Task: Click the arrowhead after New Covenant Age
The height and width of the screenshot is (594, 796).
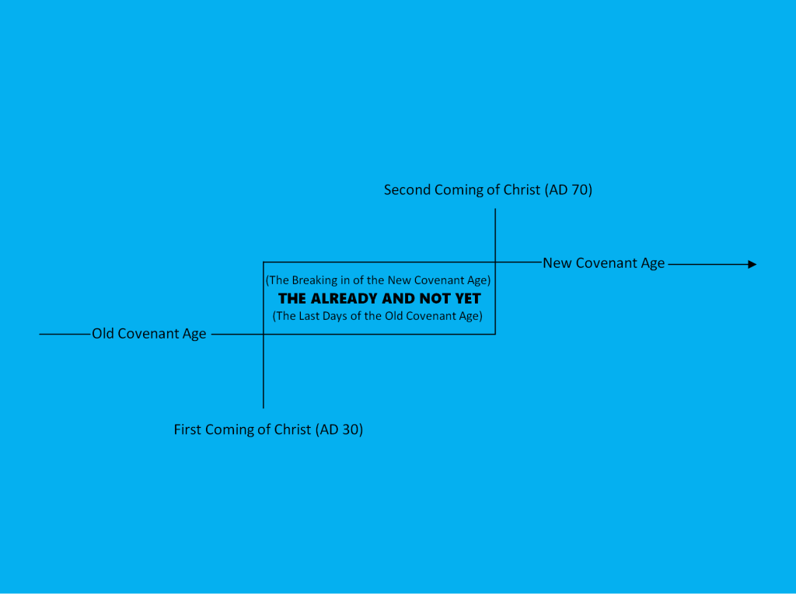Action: pos(752,264)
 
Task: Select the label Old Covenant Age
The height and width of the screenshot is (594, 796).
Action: pos(149,334)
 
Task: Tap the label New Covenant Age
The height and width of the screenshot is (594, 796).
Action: pos(603,263)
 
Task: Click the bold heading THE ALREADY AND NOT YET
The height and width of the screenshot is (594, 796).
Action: pos(379,298)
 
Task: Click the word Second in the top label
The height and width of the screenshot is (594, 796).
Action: pos(407,189)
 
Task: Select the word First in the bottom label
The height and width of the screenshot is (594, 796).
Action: pos(187,429)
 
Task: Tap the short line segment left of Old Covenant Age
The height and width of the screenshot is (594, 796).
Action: pos(65,334)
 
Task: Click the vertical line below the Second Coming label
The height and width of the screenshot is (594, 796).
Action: pos(495,233)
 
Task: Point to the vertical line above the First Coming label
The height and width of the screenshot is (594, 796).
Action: pos(264,373)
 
